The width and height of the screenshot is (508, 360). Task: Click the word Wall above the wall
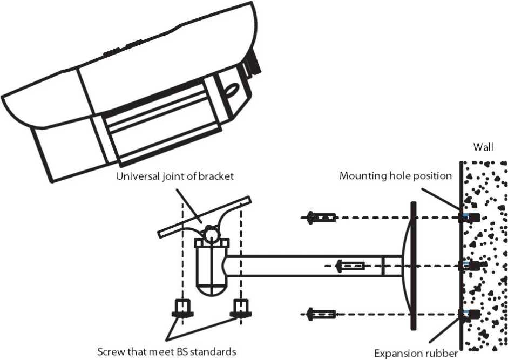coord(483,147)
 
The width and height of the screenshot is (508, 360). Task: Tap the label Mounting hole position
coord(395,176)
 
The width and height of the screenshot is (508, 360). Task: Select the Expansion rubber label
coord(416,354)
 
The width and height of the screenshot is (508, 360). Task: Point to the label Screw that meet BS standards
coord(166,351)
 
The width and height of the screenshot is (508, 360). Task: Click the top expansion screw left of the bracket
coord(321,218)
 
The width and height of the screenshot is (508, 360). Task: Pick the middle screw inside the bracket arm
coord(350,266)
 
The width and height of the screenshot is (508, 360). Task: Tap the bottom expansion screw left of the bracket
coord(321,313)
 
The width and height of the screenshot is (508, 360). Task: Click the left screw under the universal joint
coord(182,308)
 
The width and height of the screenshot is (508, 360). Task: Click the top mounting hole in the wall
coord(469,218)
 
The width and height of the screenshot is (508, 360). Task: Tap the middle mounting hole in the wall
coord(469,266)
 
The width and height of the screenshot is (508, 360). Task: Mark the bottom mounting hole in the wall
coord(469,313)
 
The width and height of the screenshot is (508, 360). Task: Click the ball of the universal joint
coord(211,234)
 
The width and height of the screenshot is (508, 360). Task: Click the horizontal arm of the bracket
coord(313,266)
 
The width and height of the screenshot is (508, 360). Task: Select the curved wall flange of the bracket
coord(409,266)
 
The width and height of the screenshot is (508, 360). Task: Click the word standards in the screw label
coord(214,351)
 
